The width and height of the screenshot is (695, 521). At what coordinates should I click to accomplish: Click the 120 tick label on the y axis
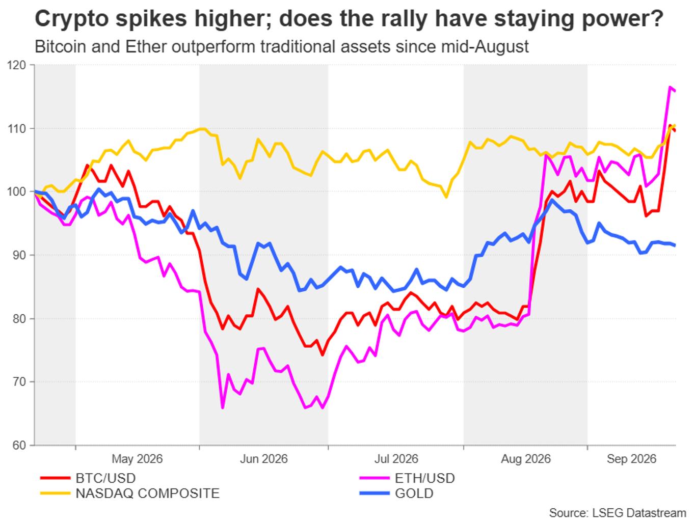pyautogui.click(x=16, y=65)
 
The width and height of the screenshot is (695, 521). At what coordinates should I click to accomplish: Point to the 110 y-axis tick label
pyautogui.click(x=16, y=129)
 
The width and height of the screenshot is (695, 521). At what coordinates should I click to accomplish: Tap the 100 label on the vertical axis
pyautogui.click(x=16, y=191)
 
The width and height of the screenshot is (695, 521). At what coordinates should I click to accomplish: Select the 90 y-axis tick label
pyautogui.click(x=19, y=255)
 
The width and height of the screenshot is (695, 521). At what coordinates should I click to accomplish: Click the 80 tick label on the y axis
pyautogui.click(x=19, y=318)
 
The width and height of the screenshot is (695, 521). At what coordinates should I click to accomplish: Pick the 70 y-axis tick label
pyautogui.click(x=19, y=382)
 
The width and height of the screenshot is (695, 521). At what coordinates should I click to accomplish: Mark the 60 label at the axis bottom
pyautogui.click(x=19, y=446)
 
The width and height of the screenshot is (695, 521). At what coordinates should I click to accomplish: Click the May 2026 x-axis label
pyautogui.click(x=137, y=459)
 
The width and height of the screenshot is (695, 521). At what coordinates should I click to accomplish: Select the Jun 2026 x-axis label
pyautogui.click(x=264, y=459)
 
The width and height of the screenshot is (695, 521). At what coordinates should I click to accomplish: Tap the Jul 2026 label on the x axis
pyautogui.click(x=396, y=459)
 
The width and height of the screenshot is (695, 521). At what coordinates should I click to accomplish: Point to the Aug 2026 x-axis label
pyautogui.click(x=526, y=459)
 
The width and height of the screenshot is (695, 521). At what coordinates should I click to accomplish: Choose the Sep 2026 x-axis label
pyautogui.click(x=632, y=459)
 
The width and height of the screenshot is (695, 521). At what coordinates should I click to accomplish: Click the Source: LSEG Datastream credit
pyautogui.click(x=618, y=513)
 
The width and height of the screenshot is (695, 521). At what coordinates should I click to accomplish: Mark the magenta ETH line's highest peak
pyautogui.click(x=670, y=87)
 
